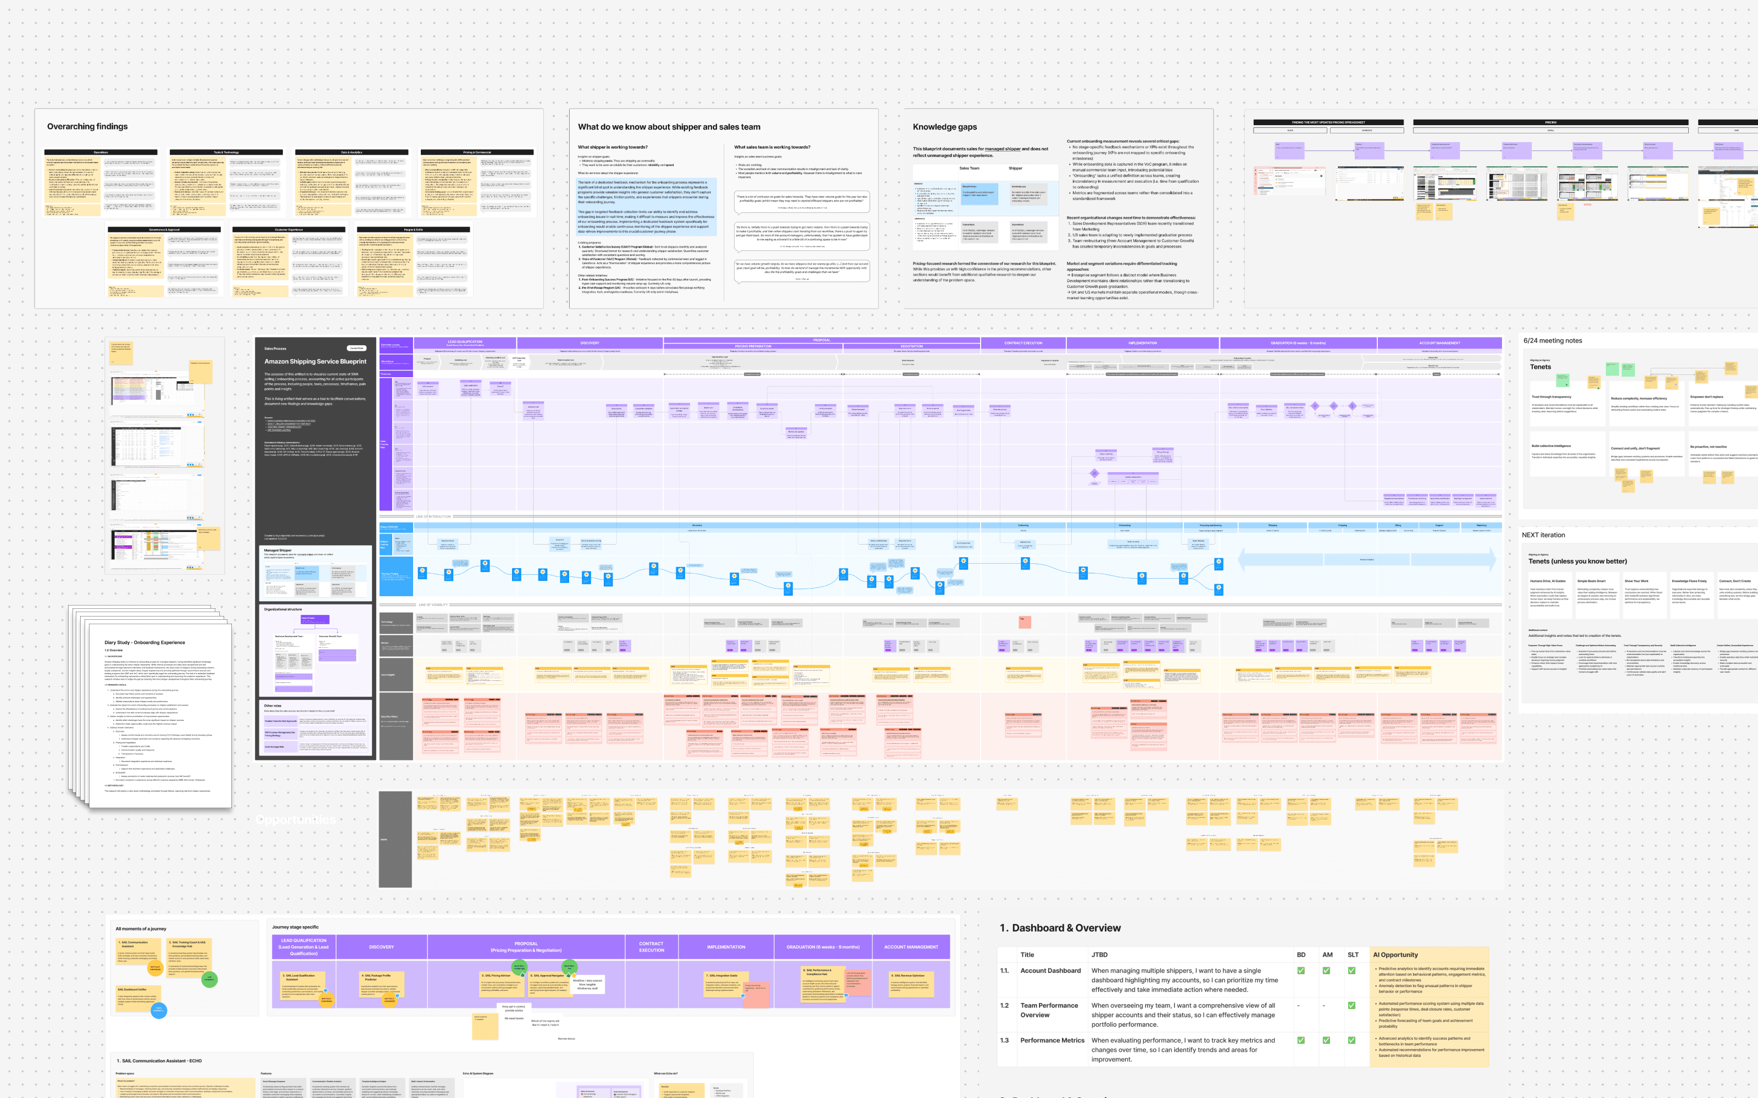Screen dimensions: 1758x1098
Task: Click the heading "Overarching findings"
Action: point(87,126)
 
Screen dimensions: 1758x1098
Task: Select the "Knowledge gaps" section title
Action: point(944,126)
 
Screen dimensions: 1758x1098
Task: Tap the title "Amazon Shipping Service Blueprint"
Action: point(315,362)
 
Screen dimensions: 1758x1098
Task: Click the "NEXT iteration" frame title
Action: point(1543,535)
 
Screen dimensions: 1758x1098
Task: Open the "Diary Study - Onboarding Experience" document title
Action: point(144,643)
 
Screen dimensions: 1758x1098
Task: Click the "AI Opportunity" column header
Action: point(1395,955)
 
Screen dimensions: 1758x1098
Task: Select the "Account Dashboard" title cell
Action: point(1050,971)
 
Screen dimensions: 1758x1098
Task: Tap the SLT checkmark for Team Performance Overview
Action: point(1351,1006)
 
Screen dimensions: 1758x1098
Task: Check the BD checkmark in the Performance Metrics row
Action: point(1300,1041)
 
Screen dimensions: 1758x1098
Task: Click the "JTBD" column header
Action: point(1099,955)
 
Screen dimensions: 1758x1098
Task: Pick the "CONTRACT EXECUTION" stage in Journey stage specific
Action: point(651,947)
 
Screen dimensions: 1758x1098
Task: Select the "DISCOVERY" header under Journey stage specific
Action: point(381,947)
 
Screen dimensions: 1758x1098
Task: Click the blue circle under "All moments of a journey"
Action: point(158,1010)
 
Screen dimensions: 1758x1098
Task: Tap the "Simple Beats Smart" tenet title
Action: point(1591,581)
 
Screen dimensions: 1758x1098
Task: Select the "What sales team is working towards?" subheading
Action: point(771,148)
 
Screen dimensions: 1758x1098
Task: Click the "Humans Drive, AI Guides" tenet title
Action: point(1548,581)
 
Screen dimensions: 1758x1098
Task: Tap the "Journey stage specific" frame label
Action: point(295,927)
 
